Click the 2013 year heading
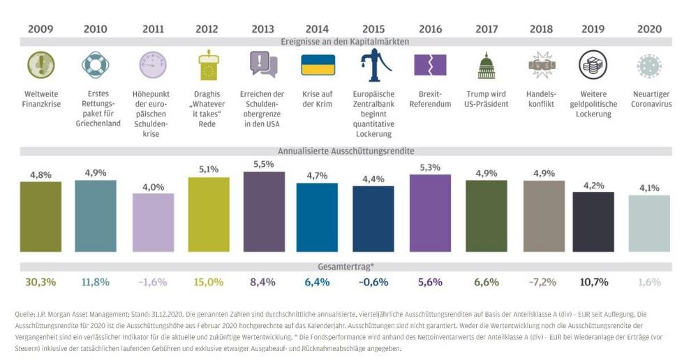[263, 29]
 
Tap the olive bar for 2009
[40, 216]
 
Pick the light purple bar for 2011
[153, 222]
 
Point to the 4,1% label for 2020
[648, 187]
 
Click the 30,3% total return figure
[40, 282]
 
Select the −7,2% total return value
[541, 282]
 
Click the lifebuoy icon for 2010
[96, 65]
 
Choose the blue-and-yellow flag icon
[318, 65]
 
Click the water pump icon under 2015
[374, 65]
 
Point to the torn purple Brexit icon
[430, 65]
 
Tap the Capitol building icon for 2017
[486, 66]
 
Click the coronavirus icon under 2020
[648, 66]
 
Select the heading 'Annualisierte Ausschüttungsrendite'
[346, 151]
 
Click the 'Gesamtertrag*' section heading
[346, 267]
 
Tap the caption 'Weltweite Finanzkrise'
[40, 99]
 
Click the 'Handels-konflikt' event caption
[541, 99]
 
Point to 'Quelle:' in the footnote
[27, 315]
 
